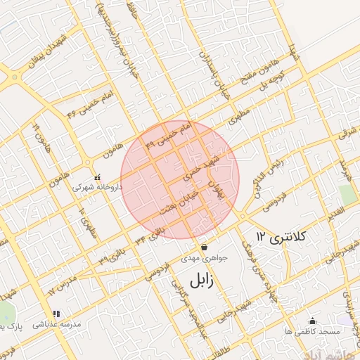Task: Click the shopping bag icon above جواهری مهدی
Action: [x=204, y=247]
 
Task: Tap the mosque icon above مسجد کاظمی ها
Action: [x=312, y=321]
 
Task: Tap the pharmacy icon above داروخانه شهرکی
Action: [x=98, y=177]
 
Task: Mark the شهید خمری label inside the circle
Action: [x=203, y=167]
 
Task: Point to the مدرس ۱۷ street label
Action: [x=60, y=281]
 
